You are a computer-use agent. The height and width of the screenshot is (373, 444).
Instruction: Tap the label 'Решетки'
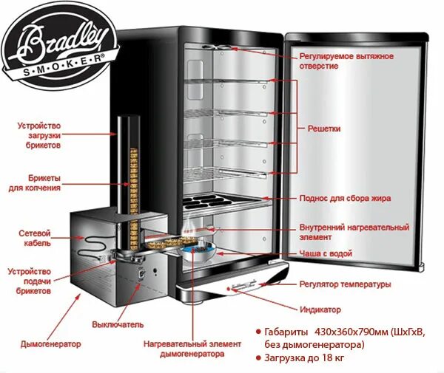click(324, 129)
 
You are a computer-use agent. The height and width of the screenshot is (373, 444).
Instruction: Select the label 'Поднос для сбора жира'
click(345, 199)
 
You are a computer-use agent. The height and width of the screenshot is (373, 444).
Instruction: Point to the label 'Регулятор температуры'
click(345, 284)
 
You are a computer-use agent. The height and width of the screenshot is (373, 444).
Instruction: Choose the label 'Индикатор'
click(320, 309)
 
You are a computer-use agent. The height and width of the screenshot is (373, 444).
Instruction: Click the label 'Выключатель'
click(118, 324)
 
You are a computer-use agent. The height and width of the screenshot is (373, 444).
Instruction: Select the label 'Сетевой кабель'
click(35, 237)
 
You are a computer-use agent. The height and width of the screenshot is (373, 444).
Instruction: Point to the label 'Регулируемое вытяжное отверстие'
click(346, 61)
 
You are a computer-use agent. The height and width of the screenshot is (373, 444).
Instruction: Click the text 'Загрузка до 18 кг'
click(311, 358)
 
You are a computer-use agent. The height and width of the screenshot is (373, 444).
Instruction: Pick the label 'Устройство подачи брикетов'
click(30, 281)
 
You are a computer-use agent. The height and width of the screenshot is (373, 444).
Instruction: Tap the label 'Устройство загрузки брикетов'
click(38, 136)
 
